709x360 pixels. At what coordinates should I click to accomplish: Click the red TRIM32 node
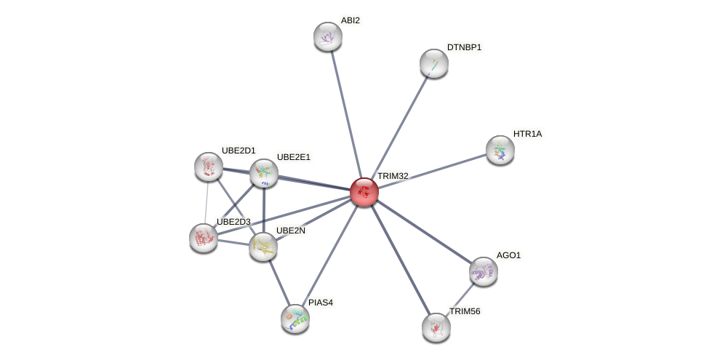[x=364, y=192]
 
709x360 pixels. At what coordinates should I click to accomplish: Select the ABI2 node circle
[x=328, y=36]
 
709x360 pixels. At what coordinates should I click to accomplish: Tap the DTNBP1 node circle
[x=434, y=63]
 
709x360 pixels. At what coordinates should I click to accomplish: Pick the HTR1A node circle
[x=500, y=150]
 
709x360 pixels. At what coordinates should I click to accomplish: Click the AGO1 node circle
[x=483, y=271]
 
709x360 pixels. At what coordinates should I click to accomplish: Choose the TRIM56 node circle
[x=436, y=327]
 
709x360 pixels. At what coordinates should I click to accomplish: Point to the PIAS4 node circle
[x=295, y=319]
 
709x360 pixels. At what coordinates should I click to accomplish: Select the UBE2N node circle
[x=263, y=247]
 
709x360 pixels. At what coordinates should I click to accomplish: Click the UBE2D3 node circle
[x=204, y=238]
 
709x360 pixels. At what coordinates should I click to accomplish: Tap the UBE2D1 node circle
[x=209, y=167]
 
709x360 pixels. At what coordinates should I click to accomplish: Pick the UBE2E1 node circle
[x=264, y=173]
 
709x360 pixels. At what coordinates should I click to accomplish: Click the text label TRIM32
[x=393, y=176]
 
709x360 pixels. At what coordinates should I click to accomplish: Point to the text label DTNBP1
[x=464, y=47]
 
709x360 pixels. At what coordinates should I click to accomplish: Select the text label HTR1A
[x=527, y=134]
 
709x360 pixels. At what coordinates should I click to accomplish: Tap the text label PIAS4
[x=321, y=303]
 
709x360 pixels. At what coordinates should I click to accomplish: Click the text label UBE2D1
[x=239, y=151]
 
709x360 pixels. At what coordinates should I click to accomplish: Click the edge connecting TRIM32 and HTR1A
[x=432, y=171]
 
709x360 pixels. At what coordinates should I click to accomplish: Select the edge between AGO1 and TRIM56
[x=460, y=300]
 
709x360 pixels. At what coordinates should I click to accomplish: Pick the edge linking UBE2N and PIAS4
[x=279, y=282]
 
